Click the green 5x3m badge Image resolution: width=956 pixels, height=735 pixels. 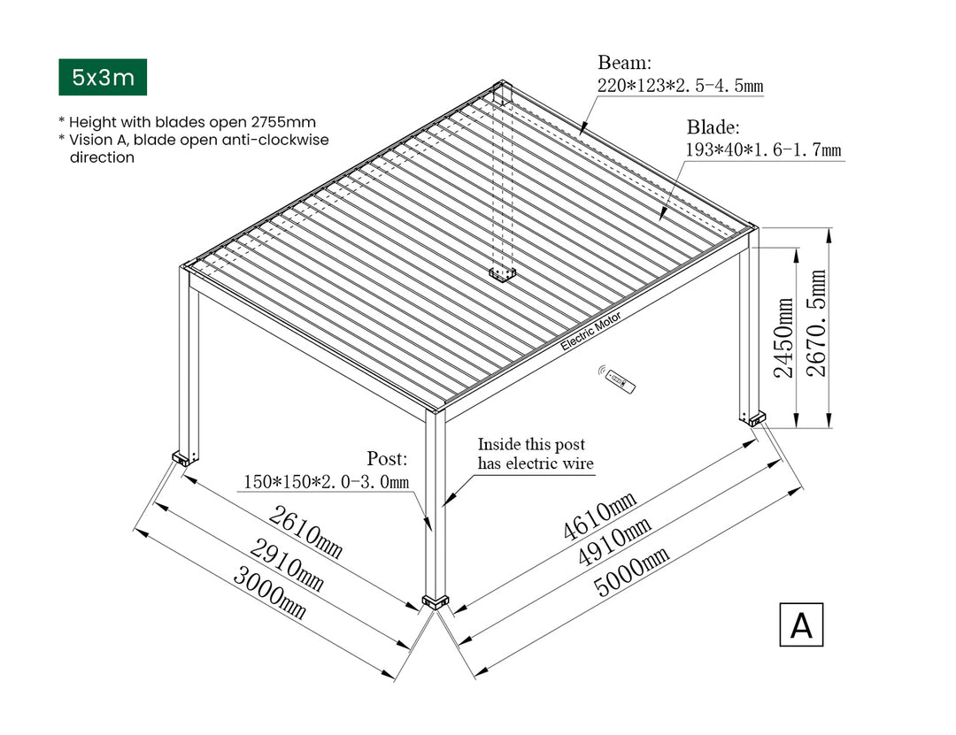(x=103, y=78)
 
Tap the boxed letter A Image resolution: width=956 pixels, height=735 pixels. (x=801, y=624)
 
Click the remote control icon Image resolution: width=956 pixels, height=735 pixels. (x=617, y=379)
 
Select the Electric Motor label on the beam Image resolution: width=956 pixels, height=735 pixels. (x=590, y=331)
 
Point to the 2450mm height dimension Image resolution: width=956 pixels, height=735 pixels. (x=783, y=338)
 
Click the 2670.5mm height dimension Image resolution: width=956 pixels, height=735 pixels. (x=816, y=323)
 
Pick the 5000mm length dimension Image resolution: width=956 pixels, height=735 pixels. (x=632, y=570)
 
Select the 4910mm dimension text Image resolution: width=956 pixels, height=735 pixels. (x=614, y=542)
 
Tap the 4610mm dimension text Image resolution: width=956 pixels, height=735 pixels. (x=599, y=516)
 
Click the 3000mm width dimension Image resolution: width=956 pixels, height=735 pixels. (x=269, y=593)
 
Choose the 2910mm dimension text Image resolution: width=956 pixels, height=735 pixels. (x=287, y=565)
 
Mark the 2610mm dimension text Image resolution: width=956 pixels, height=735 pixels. (x=305, y=532)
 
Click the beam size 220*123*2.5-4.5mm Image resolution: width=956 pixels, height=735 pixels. (x=680, y=85)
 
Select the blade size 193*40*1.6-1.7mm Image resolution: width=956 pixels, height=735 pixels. (x=763, y=150)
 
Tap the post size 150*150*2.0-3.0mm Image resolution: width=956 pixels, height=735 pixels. (x=326, y=482)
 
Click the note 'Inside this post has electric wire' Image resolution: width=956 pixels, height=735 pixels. (x=536, y=454)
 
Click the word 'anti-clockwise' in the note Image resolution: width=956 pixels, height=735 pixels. (x=275, y=140)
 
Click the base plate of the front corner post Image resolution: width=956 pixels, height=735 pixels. (x=436, y=602)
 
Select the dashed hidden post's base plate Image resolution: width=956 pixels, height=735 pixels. (x=503, y=275)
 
